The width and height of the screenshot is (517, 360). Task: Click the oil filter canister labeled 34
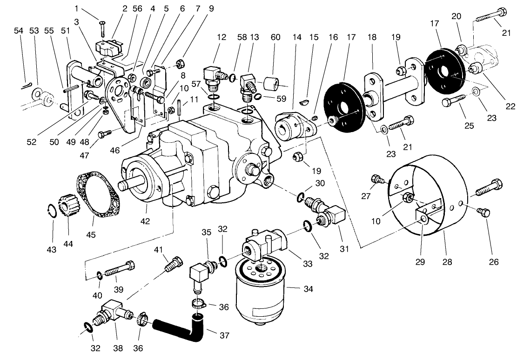(x=260, y=291)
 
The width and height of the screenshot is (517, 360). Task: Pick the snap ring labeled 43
(x=54, y=211)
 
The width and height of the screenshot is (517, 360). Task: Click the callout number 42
(x=145, y=221)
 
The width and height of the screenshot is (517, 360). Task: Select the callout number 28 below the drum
(x=447, y=262)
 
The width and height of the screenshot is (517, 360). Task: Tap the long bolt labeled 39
(x=122, y=269)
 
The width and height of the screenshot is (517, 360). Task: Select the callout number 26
(x=494, y=262)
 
